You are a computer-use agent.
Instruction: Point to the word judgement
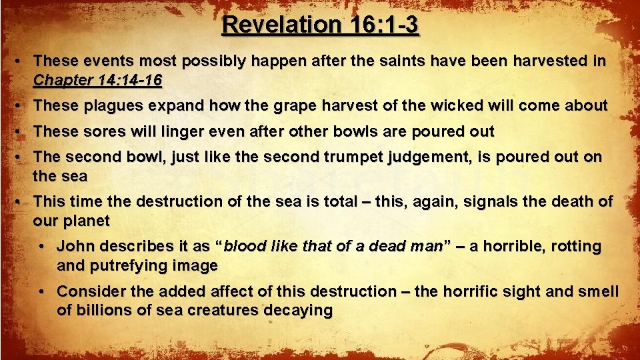point(432,158)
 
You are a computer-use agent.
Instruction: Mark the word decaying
point(298,311)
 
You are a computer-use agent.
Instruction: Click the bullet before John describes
point(43,247)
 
